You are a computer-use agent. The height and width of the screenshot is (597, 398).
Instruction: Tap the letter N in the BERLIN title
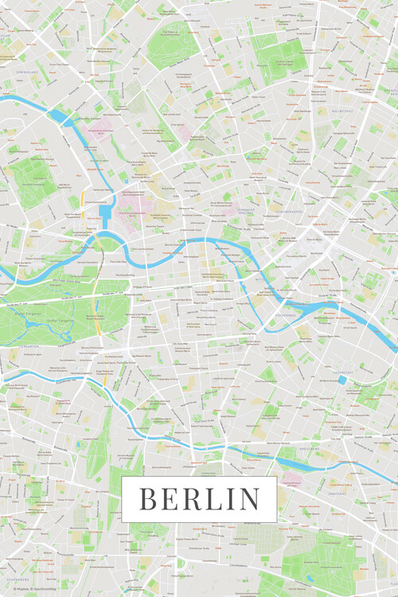249,499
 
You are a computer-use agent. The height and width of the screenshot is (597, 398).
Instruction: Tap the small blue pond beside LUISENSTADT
341,380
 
